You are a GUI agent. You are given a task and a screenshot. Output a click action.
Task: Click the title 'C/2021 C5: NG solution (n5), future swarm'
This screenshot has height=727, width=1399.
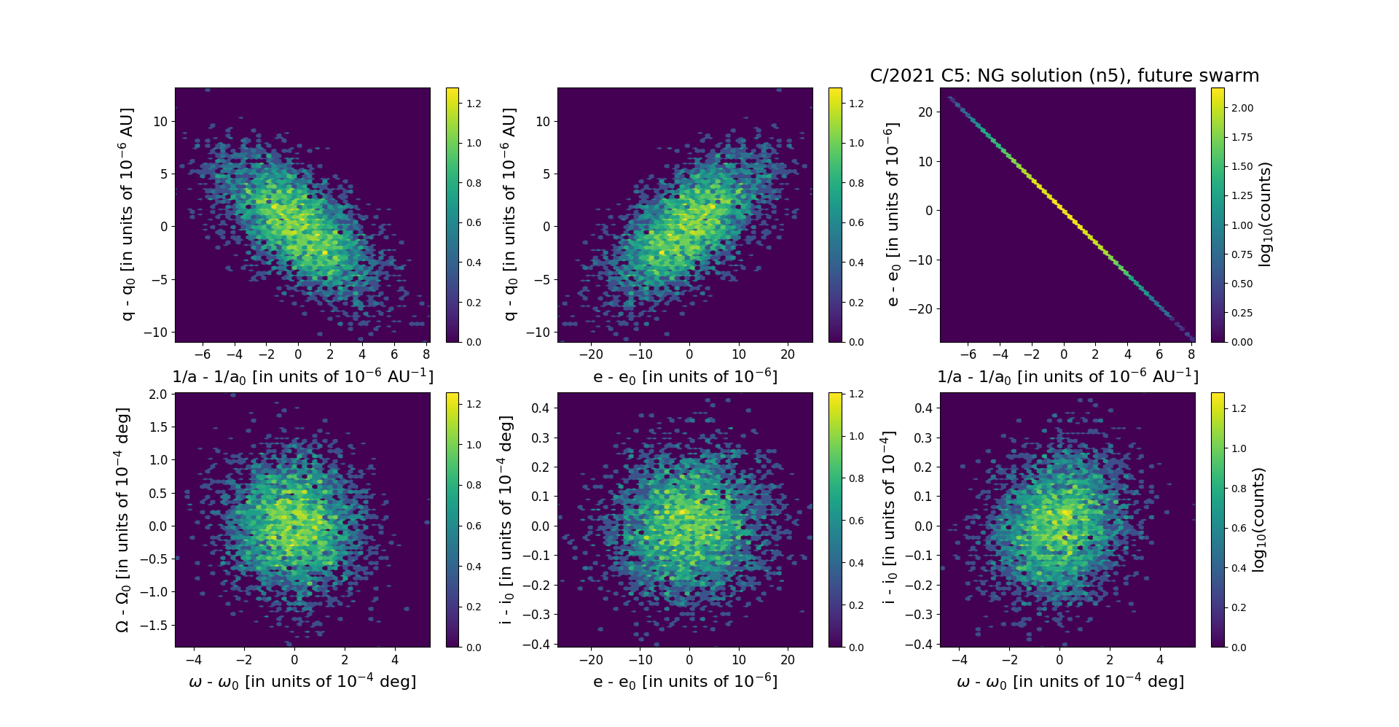click(x=1064, y=76)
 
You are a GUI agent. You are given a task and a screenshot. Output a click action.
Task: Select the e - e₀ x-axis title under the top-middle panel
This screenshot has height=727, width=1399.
click(x=685, y=377)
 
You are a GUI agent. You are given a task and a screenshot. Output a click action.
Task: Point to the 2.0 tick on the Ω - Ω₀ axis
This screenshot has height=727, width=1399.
click(x=158, y=394)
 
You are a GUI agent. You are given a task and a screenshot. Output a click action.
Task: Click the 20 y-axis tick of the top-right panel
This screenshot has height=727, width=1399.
click(x=925, y=112)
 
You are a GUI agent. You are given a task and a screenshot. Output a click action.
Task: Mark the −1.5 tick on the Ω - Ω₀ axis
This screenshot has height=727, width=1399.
click(x=155, y=626)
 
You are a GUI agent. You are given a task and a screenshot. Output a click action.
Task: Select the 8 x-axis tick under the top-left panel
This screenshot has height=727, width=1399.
click(x=426, y=354)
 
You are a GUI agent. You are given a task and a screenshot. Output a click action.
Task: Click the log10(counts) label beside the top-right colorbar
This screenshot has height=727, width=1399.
click(x=1265, y=214)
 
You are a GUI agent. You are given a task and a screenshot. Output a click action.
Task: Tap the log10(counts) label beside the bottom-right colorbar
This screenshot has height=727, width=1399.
click(x=1258, y=520)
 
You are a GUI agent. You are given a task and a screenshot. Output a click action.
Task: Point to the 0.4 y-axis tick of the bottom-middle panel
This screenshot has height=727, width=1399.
click(x=540, y=408)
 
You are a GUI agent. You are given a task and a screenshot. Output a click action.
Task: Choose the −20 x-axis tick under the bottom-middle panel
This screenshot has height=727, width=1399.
click(x=591, y=660)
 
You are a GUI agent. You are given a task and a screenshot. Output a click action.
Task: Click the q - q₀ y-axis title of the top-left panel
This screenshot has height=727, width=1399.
click(x=127, y=214)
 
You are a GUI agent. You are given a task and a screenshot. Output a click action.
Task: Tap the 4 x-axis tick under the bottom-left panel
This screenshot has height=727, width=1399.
click(x=395, y=660)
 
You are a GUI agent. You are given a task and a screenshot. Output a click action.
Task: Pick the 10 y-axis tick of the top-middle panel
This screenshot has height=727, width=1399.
click(x=543, y=121)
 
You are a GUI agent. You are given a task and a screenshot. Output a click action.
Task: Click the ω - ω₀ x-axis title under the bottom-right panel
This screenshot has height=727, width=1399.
click(x=1070, y=682)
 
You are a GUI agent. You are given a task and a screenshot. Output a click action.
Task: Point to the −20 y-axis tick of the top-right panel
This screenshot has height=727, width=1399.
click(x=922, y=309)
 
